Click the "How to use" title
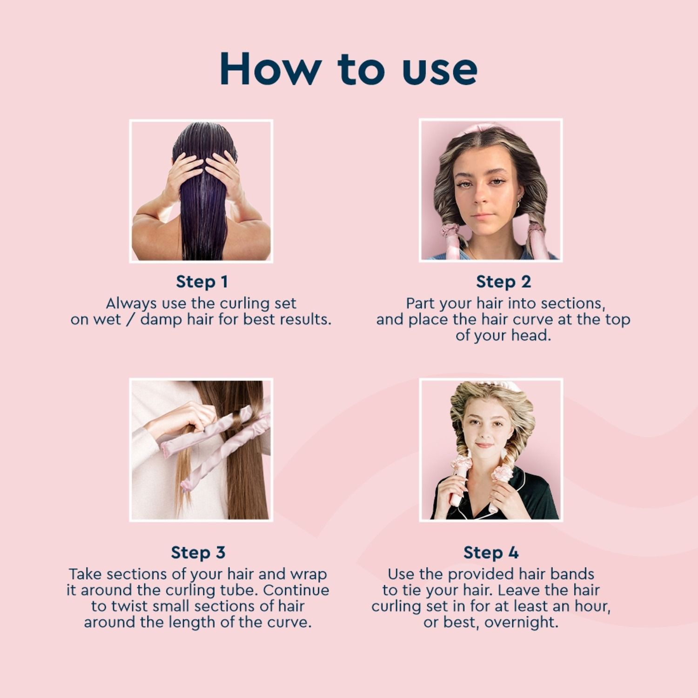349,69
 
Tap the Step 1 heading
201,282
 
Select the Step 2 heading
503,282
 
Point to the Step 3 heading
198,552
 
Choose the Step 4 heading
491,552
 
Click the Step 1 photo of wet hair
201,191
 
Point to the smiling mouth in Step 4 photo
484,445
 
